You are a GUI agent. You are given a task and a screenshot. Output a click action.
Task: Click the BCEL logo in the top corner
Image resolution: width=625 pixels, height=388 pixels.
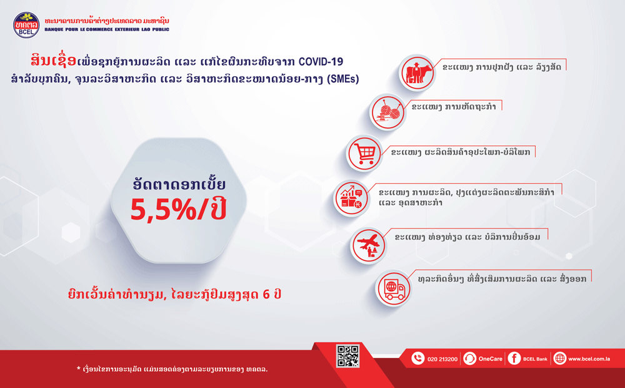(x=26, y=25)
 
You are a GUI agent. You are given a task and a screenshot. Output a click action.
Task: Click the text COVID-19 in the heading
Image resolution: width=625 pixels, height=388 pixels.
(x=321, y=61)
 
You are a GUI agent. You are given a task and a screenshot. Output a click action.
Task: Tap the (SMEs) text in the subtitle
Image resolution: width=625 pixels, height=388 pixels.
(x=342, y=79)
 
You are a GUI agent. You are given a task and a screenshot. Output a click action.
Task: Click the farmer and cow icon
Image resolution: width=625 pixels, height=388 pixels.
(x=417, y=73)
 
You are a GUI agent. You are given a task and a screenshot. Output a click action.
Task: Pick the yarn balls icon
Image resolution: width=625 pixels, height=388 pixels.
(x=387, y=112)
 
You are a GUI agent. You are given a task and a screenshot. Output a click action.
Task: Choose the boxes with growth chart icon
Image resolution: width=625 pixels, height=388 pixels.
(x=351, y=198)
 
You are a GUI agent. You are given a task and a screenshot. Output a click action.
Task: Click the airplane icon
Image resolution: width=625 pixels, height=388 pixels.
(x=369, y=245)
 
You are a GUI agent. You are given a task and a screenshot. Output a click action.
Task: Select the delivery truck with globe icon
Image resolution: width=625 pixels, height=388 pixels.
(x=393, y=288)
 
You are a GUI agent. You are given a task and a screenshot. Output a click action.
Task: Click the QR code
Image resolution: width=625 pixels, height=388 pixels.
(x=348, y=356)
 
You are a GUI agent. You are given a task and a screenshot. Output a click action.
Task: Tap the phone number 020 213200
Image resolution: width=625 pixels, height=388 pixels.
(x=442, y=359)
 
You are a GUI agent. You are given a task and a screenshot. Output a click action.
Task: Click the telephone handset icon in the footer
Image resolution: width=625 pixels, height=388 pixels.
(x=417, y=359)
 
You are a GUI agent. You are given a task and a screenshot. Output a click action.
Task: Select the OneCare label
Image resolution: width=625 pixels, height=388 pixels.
(x=490, y=359)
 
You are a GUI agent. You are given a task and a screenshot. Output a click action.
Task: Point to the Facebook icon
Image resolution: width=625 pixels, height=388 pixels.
(x=514, y=359)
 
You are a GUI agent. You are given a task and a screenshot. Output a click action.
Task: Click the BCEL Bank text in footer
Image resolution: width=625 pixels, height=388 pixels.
(x=536, y=359)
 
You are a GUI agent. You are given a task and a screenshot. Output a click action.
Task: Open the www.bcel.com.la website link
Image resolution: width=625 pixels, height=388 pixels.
(x=589, y=359)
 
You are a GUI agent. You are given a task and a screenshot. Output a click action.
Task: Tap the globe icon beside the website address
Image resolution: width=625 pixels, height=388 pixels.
(x=559, y=359)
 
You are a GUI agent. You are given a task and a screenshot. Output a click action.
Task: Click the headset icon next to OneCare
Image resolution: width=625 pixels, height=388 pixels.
(x=469, y=359)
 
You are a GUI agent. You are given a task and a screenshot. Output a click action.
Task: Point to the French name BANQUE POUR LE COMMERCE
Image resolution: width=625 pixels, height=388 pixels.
(x=79, y=29)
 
